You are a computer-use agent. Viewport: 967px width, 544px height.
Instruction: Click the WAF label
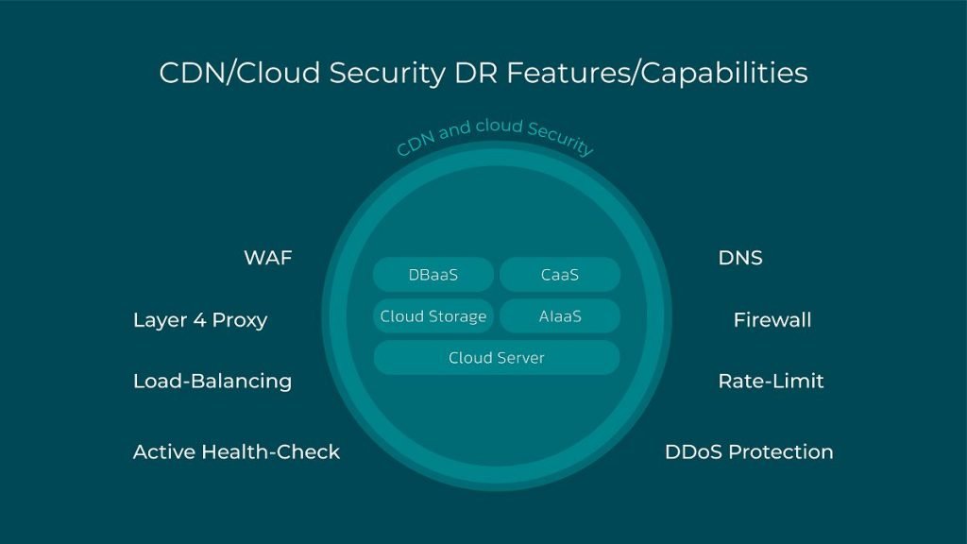267,258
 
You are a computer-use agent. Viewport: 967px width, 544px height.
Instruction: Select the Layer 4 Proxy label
200,320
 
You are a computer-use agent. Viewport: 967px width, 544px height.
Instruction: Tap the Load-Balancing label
212,382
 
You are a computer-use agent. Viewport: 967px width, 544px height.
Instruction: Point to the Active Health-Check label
236,452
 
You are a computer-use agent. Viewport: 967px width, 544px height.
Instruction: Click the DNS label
740,258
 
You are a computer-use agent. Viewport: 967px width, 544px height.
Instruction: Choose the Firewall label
772,320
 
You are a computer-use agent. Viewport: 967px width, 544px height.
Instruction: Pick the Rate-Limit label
771,382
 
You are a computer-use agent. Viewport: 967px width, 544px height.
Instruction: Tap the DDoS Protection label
749,452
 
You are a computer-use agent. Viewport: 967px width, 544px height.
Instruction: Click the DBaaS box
433,275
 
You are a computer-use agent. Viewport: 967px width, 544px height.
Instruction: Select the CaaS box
560,275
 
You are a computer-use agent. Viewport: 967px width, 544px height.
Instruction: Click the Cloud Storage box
433,316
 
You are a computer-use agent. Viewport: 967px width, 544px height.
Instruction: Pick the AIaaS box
560,316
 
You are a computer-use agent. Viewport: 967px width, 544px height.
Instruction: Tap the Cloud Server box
497,358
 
